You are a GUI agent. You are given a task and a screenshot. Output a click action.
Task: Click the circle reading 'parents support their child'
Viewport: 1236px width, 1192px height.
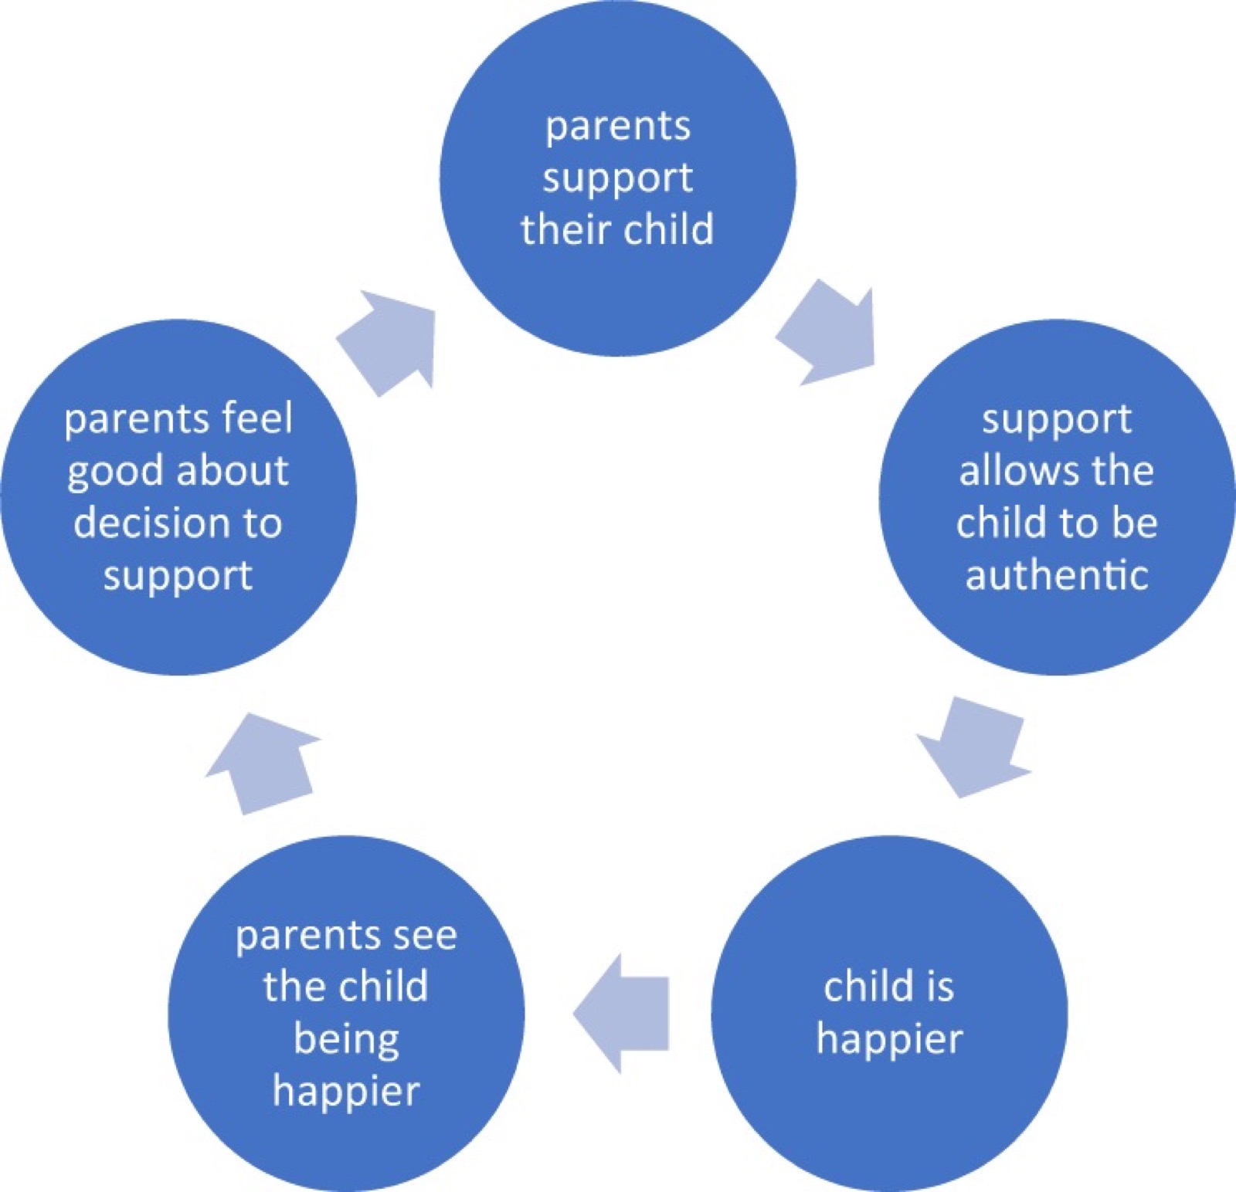point(618,178)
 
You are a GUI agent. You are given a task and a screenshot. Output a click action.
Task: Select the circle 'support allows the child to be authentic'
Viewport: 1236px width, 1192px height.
point(1057,497)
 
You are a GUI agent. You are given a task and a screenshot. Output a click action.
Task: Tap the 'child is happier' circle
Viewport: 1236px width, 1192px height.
point(889,1014)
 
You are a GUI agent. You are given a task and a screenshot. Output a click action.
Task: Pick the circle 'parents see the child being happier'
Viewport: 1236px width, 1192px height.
point(346,1014)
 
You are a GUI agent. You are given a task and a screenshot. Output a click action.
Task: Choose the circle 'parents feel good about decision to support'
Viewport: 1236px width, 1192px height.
point(178,497)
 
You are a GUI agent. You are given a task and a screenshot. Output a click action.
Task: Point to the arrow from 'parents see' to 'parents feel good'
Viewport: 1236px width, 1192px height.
point(263,764)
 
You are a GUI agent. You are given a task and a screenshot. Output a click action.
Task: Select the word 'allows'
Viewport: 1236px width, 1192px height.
point(1013,471)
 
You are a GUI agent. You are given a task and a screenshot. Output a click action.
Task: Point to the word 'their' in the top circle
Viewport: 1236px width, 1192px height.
point(565,229)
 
